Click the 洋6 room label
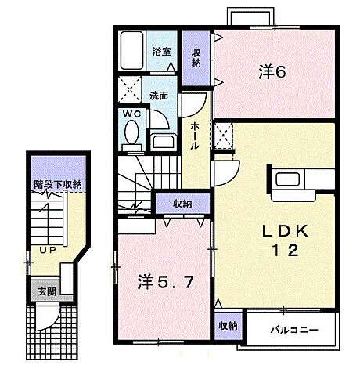click(272, 71)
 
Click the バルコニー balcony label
click(295, 330)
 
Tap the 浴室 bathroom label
click(162, 52)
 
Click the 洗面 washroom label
click(160, 96)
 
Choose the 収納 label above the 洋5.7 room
click(182, 203)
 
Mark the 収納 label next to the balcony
click(228, 326)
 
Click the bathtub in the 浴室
click(134, 50)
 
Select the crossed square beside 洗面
click(131, 88)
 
